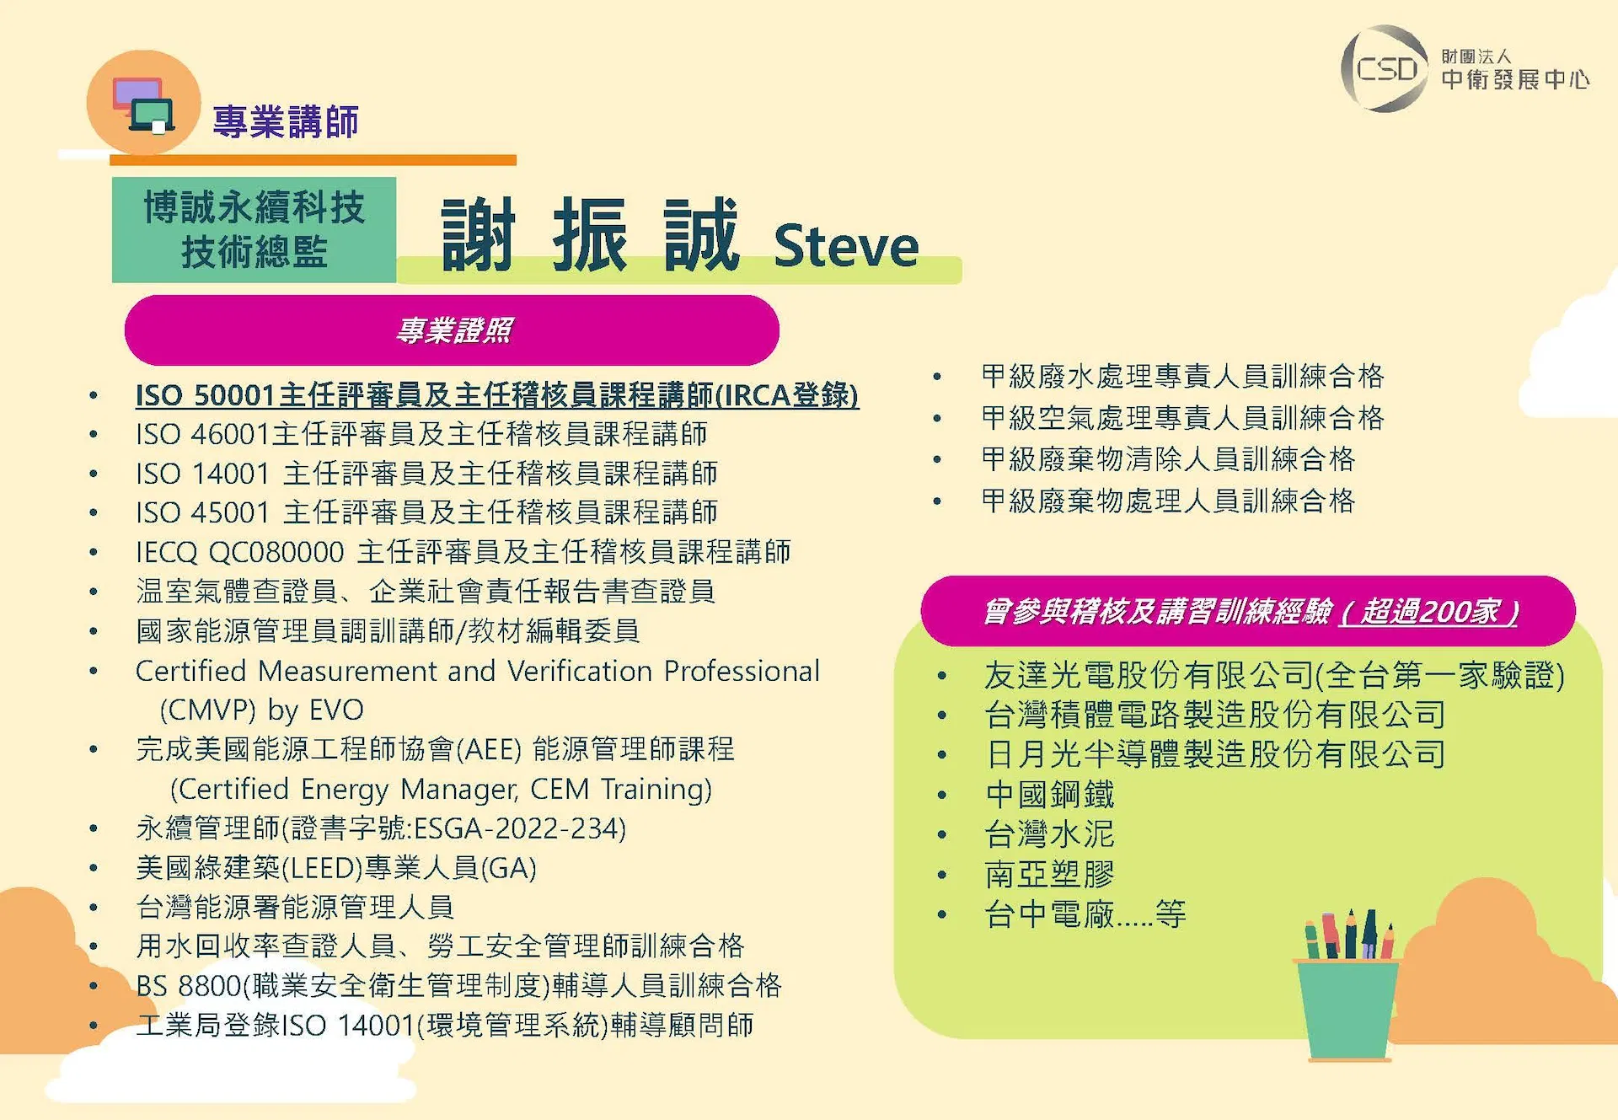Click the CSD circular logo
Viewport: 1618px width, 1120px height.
[x=1385, y=69]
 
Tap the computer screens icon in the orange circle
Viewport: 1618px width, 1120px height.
[x=144, y=105]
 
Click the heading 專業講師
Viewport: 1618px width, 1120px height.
[x=286, y=121]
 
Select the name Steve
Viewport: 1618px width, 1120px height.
[x=846, y=246]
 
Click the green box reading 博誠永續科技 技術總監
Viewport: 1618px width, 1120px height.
[x=254, y=229]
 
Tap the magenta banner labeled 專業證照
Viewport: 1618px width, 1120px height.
[x=452, y=330]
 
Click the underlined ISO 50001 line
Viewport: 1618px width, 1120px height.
[x=497, y=395]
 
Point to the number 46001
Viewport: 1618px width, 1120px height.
[x=230, y=434]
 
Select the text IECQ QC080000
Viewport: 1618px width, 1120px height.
[x=240, y=552]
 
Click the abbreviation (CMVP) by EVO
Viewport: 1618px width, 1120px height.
[x=262, y=710]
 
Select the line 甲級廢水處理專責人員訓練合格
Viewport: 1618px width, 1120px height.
[x=1182, y=376]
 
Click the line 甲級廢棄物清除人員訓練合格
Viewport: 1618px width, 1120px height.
[x=1168, y=459]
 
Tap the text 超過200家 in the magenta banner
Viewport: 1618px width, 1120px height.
[x=1430, y=611]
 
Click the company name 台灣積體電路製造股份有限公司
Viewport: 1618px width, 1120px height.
[x=1215, y=715]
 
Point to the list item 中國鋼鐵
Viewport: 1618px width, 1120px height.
[x=1050, y=794]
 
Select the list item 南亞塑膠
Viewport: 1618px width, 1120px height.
[x=1050, y=874]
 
